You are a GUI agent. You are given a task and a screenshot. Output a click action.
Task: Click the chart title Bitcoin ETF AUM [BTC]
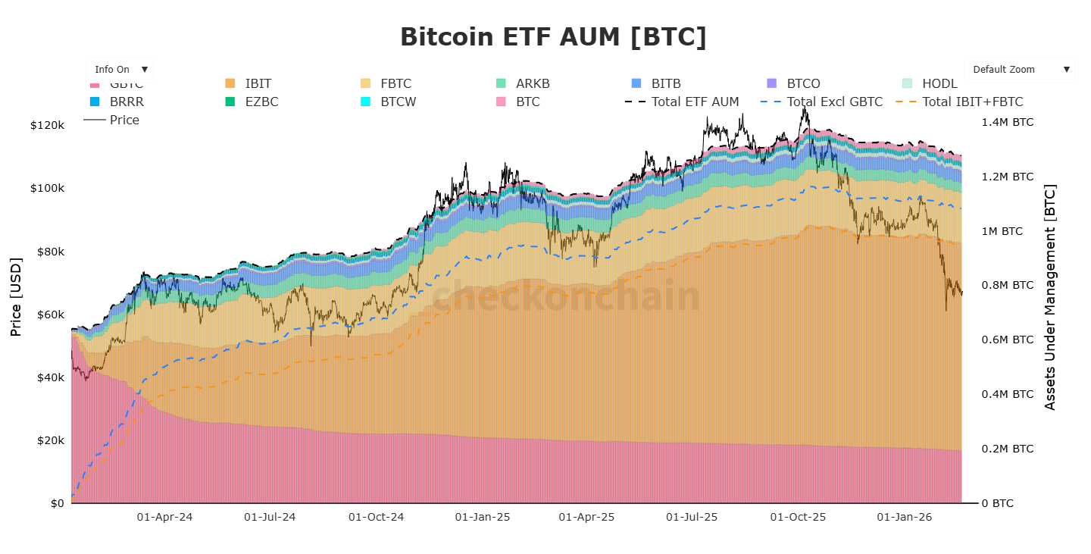(x=553, y=37)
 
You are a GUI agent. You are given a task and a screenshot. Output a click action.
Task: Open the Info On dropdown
(x=119, y=70)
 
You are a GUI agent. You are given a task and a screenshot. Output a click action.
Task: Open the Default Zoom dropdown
(x=1019, y=70)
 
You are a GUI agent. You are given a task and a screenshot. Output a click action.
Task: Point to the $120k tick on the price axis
(x=47, y=125)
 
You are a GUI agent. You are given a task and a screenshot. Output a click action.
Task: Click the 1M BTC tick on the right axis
(x=1007, y=231)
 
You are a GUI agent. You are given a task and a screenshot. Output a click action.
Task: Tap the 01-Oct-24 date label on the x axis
(x=376, y=518)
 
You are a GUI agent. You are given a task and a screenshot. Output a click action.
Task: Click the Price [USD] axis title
(x=16, y=297)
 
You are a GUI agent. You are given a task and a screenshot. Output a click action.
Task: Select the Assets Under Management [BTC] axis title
(x=1050, y=297)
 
